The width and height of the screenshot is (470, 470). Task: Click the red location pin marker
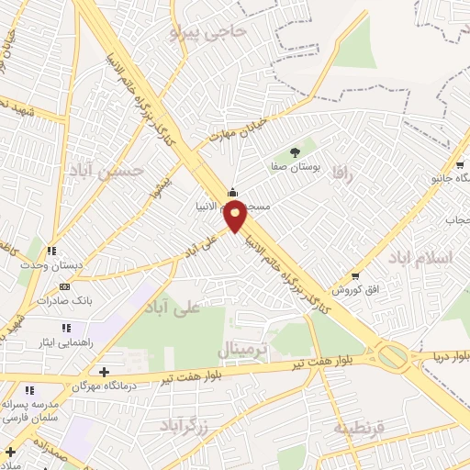(237, 217)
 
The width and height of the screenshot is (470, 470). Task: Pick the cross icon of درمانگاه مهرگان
(104, 373)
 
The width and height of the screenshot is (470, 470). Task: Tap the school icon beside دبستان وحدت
(52, 251)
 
